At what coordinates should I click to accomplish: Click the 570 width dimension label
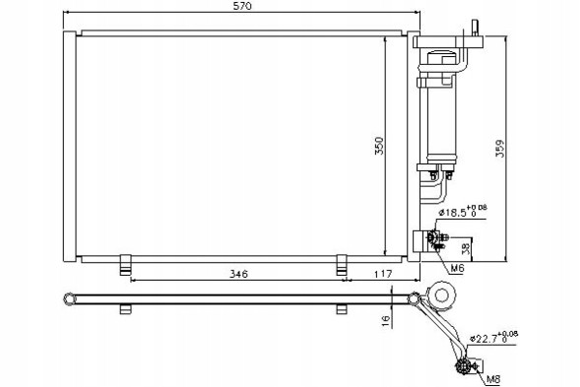(x=242, y=6)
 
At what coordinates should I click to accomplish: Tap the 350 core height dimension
(x=379, y=146)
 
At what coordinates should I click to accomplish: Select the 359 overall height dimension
(x=499, y=149)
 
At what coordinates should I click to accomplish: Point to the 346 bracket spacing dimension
(x=239, y=274)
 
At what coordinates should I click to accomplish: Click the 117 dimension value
(x=382, y=274)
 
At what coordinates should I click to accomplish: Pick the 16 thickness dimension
(x=386, y=321)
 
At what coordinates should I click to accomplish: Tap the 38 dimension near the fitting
(x=467, y=248)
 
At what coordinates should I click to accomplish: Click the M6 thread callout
(x=457, y=269)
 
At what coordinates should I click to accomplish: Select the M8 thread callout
(x=493, y=379)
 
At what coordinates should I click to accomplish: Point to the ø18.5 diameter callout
(x=463, y=211)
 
